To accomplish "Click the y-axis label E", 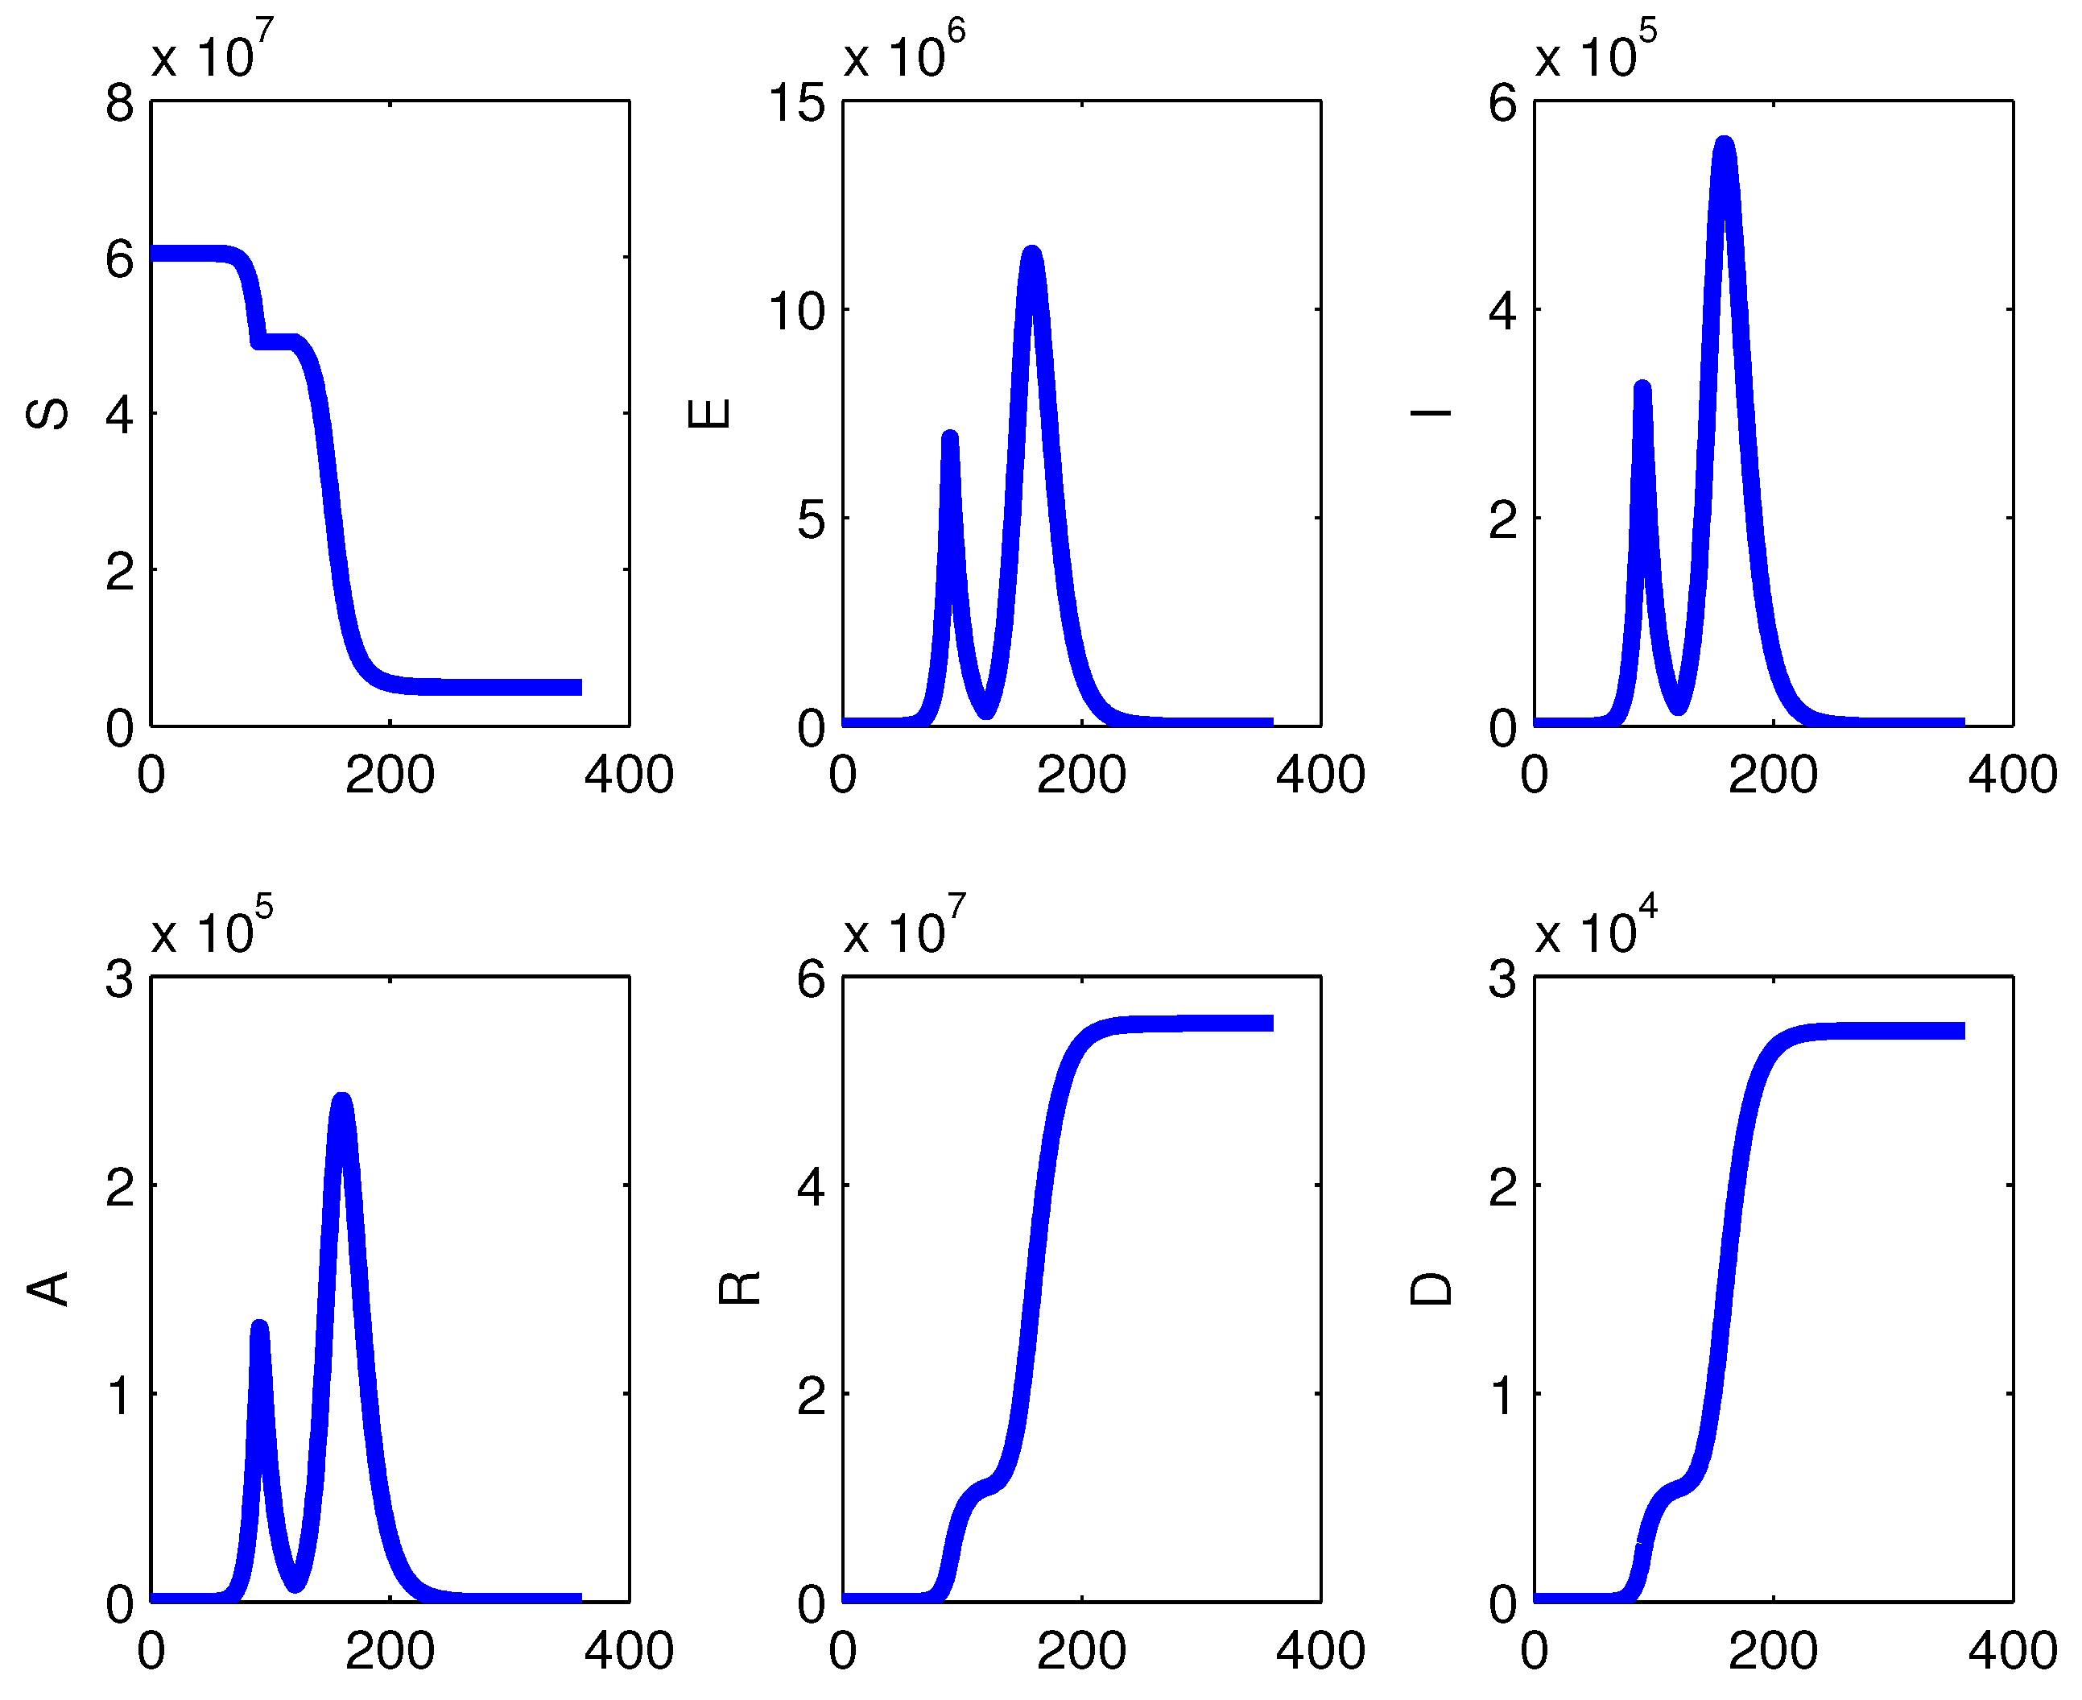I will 708,414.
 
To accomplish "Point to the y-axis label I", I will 1430,414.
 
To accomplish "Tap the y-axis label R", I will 739,1289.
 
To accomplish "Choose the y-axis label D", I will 1430,1289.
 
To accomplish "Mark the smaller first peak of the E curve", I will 949,438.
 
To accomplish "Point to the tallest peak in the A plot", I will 341,1102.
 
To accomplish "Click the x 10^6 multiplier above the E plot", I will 903,51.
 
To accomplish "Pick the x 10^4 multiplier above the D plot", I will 1595,926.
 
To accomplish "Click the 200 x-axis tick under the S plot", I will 390,776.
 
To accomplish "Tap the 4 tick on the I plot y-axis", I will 1502,312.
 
